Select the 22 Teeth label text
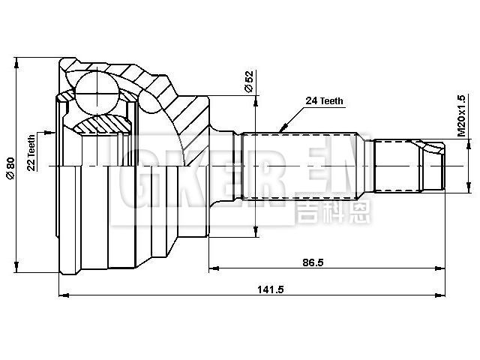pos(31,153)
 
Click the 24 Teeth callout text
pos(325,100)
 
